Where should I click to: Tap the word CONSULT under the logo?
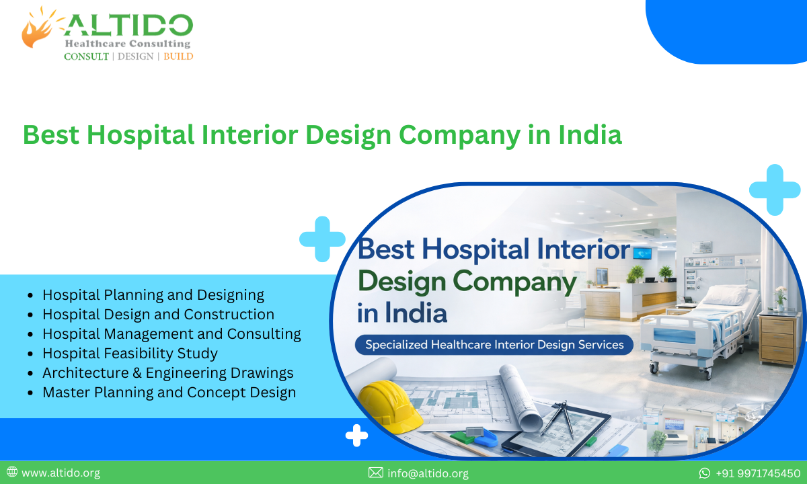click(x=86, y=56)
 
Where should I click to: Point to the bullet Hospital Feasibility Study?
click(x=130, y=353)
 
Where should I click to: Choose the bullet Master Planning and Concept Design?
click(x=169, y=392)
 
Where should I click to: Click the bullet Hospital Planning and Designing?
click(x=153, y=294)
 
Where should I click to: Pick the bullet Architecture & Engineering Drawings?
click(x=168, y=372)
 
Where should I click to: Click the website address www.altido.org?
click(x=61, y=473)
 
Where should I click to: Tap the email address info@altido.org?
click(x=428, y=473)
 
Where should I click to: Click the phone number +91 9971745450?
click(x=758, y=473)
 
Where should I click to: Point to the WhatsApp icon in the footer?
click(x=704, y=473)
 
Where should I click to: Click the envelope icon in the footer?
click(x=376, y=473)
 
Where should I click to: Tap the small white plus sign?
click(x=356, y=436)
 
